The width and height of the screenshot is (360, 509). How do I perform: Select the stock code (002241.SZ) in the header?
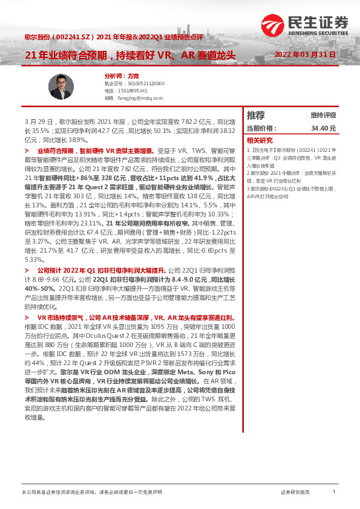coord(75,37)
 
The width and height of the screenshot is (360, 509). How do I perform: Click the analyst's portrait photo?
coord(61,87)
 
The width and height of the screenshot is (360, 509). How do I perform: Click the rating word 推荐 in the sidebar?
coord(256,115)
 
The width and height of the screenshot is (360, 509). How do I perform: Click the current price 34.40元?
coord(323,129)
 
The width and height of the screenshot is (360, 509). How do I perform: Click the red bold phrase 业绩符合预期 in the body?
coord(54,149)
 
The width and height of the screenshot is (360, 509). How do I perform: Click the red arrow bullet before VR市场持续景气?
coord(27,317)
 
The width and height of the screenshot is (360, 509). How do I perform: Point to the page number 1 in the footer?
coord(334,493)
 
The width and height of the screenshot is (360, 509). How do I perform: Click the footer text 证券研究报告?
coord(295,493)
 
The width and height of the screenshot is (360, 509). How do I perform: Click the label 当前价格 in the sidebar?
coord(261,129)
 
